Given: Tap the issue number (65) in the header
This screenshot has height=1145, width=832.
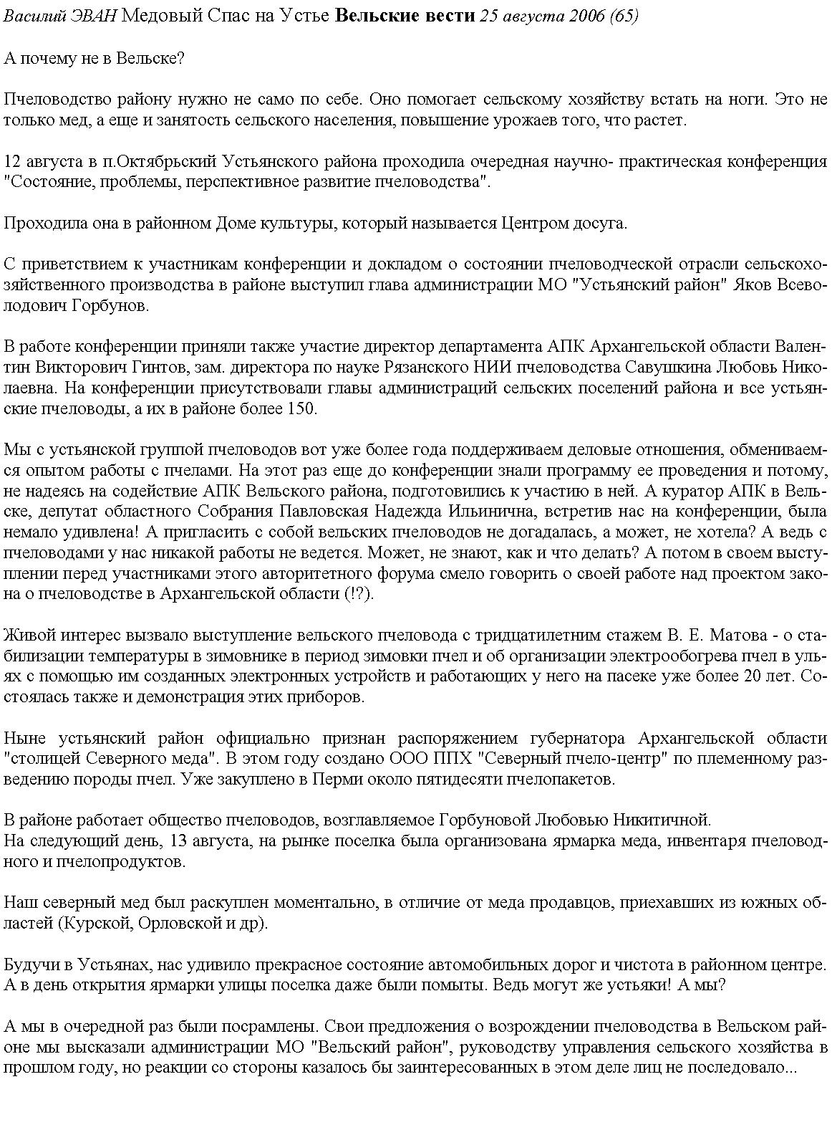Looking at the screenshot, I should coord(624,16).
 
